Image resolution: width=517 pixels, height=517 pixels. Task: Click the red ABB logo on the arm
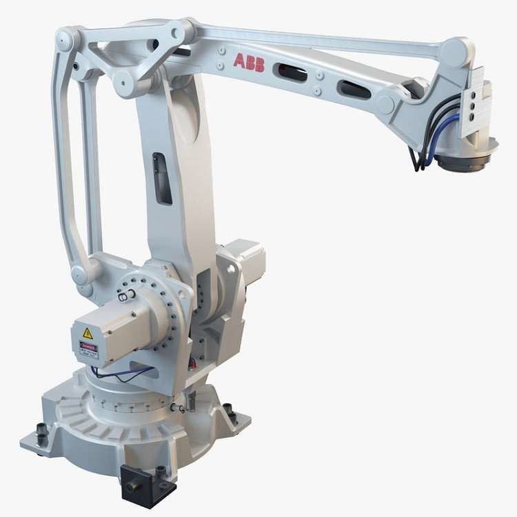[x=248, y=61]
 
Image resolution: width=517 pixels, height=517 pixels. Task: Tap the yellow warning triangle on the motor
[x=88, y=333]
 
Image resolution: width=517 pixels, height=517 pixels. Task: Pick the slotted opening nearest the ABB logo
[x=290, y=72]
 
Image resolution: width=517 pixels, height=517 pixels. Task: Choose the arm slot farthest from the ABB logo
[x=353, y=88]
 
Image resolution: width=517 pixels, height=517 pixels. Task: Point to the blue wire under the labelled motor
[x=124, y=376]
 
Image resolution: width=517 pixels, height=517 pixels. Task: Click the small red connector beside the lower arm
[x=192, y=363]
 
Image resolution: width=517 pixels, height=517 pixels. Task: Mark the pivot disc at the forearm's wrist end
[x=386, y=104]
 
